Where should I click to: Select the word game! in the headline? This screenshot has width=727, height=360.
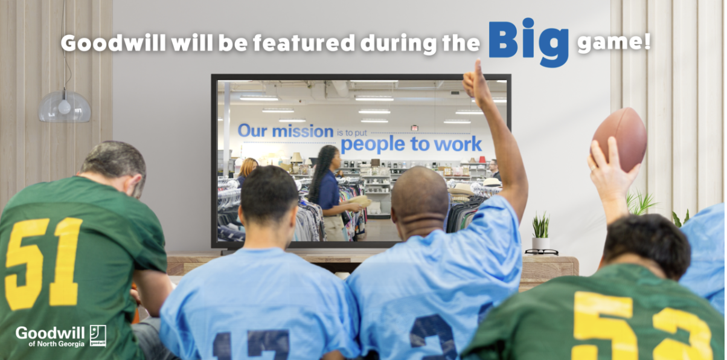(x=612, y=43)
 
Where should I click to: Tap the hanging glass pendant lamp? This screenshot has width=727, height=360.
(x=65, y=107)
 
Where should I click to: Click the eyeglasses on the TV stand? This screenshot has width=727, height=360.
(x=541, y=251)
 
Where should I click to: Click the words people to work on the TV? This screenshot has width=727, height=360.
(x=411, y=144)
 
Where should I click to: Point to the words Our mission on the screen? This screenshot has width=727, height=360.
(x=285, y=130)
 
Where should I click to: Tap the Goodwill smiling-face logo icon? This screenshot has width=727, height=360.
(x=98, y=336)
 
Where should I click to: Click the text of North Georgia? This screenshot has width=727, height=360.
(x=56, y=344)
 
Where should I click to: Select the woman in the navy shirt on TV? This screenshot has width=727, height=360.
(x=326, y=187)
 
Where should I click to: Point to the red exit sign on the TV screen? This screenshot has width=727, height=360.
(x=414, y=128)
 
